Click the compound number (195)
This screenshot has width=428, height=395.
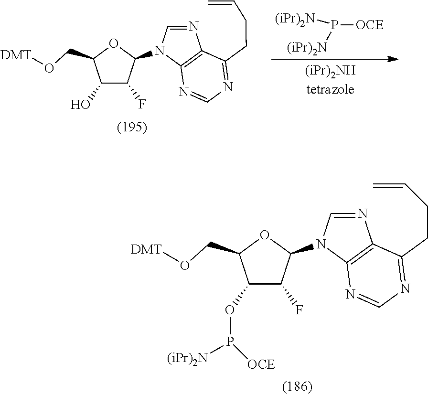[x=132, y=127]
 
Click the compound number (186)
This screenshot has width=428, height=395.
[x=297, y=386]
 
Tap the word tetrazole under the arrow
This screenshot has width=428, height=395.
[x=331, y=89]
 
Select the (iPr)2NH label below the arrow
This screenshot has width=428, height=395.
[x=330, y=72]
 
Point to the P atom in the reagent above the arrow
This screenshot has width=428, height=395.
[x=334, y=25]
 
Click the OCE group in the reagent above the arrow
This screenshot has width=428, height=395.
[x=370, y=25]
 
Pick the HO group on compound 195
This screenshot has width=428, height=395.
[x=80, y=105]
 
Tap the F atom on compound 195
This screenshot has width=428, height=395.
[x=141, y=104]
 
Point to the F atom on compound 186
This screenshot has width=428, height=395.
[x=300, y=310]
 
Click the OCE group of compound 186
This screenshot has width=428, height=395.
[x=261, y=364]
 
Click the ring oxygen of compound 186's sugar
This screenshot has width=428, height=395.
[x=264, y=235]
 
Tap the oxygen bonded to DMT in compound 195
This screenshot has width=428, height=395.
[x=49, y=68]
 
